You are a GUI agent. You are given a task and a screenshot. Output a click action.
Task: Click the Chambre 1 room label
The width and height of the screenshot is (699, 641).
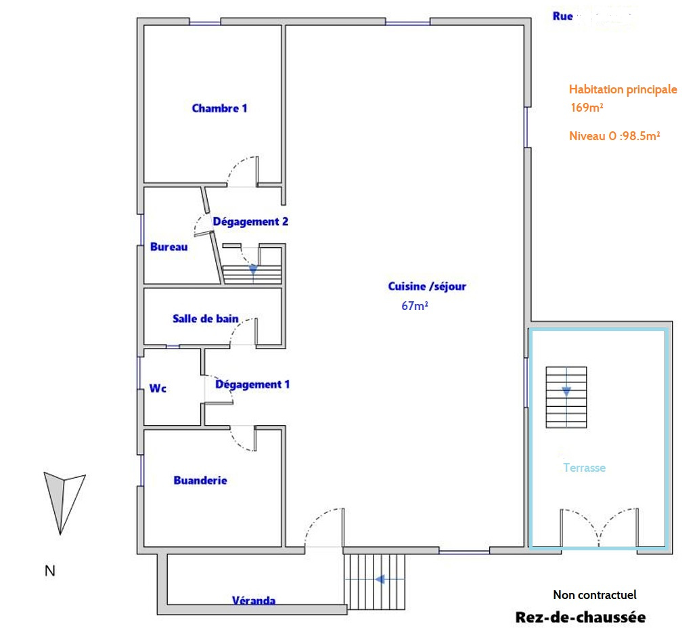pyautogui.click(x=219, y=108)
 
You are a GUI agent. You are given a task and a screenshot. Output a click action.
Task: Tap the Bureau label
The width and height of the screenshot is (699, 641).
pyautogui.click(x=169, y=246)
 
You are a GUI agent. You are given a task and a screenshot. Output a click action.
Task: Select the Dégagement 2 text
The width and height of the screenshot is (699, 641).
pyautogui.click(x=250, y=222)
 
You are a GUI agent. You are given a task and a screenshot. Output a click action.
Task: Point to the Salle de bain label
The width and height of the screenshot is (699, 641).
pyautogui.click(x=206, y=319)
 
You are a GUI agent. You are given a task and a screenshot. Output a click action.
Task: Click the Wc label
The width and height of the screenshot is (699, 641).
pyautogui.click(x=158, y=388)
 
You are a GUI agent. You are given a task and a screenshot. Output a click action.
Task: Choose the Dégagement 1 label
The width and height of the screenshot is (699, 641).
pyautogui.click(x=252, y=384)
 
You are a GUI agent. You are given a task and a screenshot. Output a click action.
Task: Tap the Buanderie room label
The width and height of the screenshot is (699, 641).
pyautogui.click(x=200, y=481)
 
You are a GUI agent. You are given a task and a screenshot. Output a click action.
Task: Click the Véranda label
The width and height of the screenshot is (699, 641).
pyautogui.click(x=254, y=600)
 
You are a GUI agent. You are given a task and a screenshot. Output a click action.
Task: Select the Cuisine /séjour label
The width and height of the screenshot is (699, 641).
pyautogui.click(x=427, y=286)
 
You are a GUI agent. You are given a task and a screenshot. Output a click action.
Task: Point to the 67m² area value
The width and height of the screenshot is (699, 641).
pyautogui.click(x=415, y=306)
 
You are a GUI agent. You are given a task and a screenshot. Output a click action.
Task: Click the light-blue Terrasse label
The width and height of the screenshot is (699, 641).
pyautogui.click(x=585, y=468)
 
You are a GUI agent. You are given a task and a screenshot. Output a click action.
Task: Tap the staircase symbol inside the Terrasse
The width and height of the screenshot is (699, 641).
pyautogui.click(x=566, y=397)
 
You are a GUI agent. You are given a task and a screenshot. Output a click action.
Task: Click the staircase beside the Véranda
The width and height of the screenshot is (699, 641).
pyautogui.click(x=374, y=581)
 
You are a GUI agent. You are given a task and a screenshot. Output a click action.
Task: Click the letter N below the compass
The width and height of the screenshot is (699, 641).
pyautogui.click(x=50, y=571)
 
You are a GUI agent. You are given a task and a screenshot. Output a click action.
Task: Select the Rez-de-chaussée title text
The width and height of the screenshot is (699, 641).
pyautogui.click(x=581, y=617)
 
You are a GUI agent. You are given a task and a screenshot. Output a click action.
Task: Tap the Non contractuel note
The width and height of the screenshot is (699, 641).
pyautogui.click(x=595, y=595)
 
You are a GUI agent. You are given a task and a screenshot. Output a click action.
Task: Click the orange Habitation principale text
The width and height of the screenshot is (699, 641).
pyautogui.click(x=623, y=89)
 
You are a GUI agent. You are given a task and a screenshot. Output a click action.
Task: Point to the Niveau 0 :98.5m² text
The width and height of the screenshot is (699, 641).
pyautogui.click(x=614, y=136)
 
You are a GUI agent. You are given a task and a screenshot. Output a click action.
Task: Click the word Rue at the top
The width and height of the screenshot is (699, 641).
pyautogui.click(x=562, y=16)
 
